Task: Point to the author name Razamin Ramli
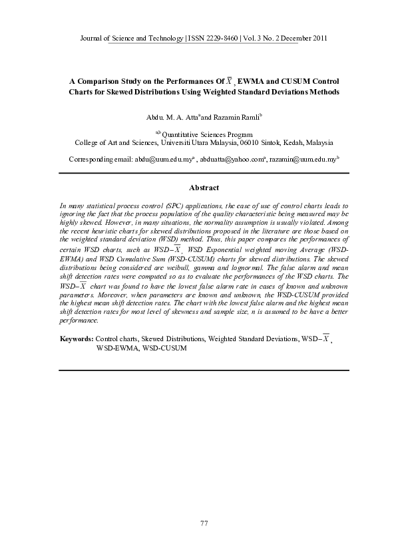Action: (x=237, y=117)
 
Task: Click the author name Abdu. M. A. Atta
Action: (x=172, y=117)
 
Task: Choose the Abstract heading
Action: (x=204, y=188)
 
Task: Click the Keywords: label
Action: (x=76, y=339)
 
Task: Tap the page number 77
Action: (x=204, y=524)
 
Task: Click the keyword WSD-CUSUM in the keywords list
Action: (x=164, y=348)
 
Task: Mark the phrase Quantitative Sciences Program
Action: (x=207, y=134)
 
